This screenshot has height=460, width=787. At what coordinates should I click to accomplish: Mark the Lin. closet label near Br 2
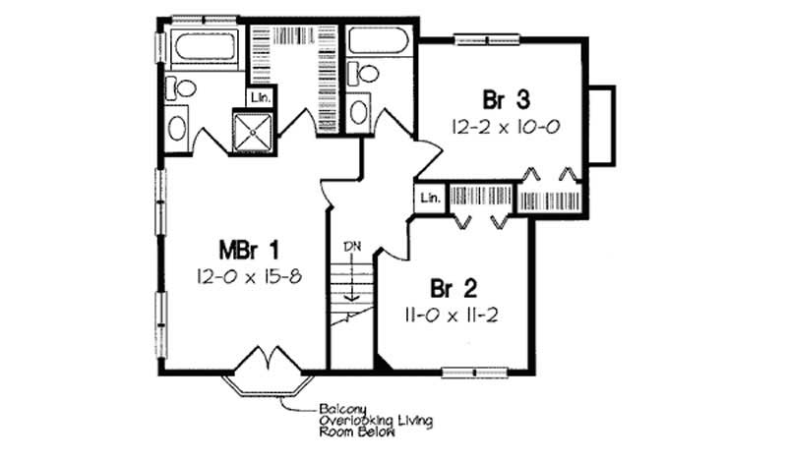coord(429,198)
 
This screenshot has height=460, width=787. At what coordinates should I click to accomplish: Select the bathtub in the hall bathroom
coord(380,44)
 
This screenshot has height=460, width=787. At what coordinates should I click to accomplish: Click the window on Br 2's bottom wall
coord(475,373)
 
